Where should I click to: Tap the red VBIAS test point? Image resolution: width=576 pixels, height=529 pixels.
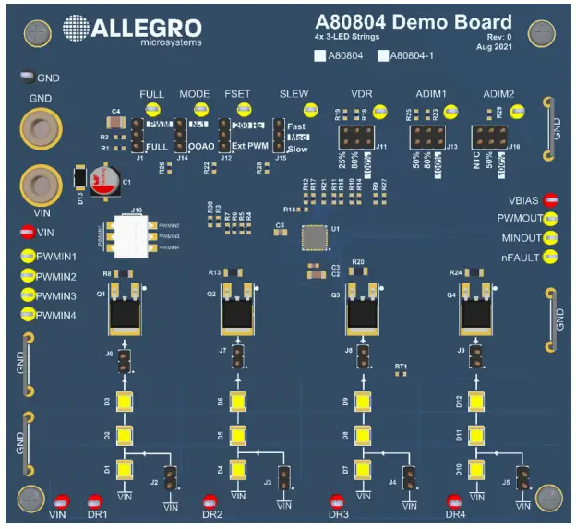(x=552, y=199)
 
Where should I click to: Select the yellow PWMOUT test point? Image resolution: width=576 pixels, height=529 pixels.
(x=552, y=219)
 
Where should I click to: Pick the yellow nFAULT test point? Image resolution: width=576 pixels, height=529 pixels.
(x=552, y=257)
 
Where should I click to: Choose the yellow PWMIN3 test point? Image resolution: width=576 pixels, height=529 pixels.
(x=28, y=296)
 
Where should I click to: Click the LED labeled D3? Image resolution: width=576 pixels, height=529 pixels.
(x=123, y=403)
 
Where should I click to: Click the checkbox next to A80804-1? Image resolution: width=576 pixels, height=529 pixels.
(x=382, y=56)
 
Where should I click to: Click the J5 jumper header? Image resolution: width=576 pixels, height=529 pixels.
(x=523, y=478)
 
